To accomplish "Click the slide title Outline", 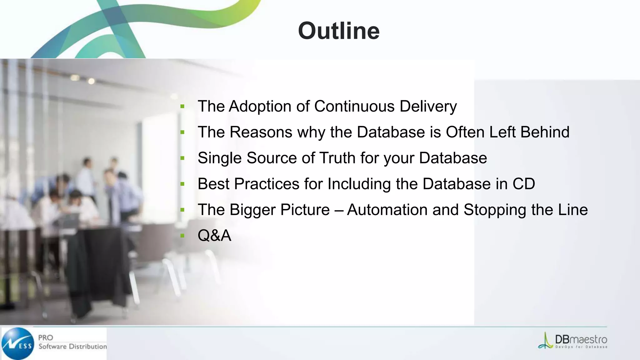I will (x=339, y=31).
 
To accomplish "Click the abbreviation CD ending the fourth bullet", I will (x=523, y=184).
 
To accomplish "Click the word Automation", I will (x=387, y=210).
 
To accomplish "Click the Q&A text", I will (x=214, y=235).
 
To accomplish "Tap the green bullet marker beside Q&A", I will (x=182, y=236).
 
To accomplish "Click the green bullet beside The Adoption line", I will (x=182, y=107).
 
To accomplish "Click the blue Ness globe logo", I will (x=18, y=343).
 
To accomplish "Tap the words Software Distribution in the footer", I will (x=72, y=347).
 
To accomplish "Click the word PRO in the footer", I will (x=46, y=338).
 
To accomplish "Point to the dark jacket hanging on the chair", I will (x=100, y=266).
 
